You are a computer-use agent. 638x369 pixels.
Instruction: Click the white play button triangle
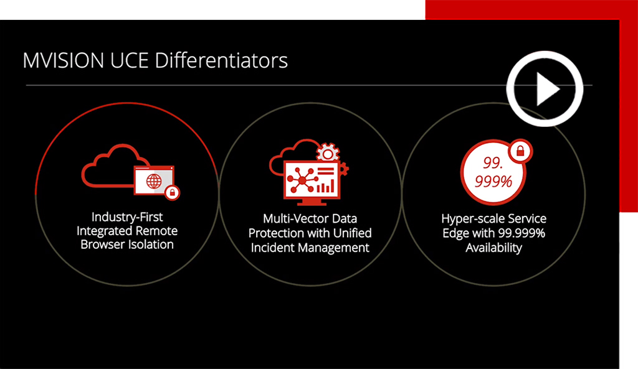pos(547,89)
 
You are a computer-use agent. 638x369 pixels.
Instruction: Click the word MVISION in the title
pos(64,60)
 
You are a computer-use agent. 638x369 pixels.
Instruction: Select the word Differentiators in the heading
pos(221,60)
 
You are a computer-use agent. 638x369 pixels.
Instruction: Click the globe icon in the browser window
pos(154,181)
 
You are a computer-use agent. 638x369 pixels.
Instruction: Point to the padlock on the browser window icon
pos(172,192)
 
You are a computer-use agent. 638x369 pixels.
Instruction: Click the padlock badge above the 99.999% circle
pos(520,152)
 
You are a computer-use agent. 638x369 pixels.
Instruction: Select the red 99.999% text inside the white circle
pos(493,172)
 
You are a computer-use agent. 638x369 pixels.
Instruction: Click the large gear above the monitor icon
pos(328,152)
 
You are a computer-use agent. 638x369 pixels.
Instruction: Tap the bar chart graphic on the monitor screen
pos(325,187)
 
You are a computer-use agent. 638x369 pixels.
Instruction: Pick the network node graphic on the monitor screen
pos(302,179)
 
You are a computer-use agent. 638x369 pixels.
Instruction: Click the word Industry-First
pos(127,217)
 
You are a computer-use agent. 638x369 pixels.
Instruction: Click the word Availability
pos(493,248)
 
